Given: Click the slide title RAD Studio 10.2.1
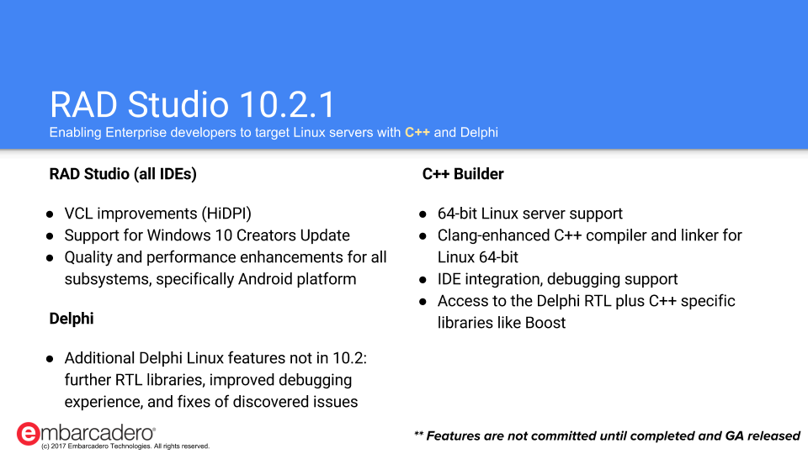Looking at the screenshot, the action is (x=193, y=104).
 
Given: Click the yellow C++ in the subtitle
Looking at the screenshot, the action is (x=417, y=132).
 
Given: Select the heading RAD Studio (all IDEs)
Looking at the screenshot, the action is (x=123, y=174).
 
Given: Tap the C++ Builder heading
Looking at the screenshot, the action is (x=463, y=174).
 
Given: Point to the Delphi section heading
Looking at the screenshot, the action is (x=72, y=319).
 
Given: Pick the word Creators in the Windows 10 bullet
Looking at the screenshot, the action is (x=266, y=235).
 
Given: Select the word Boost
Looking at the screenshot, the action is (x=545, y=323).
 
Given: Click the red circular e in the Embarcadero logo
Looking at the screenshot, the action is (x=28, y=434).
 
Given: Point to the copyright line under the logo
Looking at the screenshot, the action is (x=125, y=446).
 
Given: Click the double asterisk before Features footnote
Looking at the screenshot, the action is (x=418, y=434).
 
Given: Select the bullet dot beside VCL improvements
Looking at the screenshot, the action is (x=50, y=214).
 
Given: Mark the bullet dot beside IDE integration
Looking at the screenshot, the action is (x=423, y=280).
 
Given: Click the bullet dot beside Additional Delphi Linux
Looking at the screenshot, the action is (x=50, y=359).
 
